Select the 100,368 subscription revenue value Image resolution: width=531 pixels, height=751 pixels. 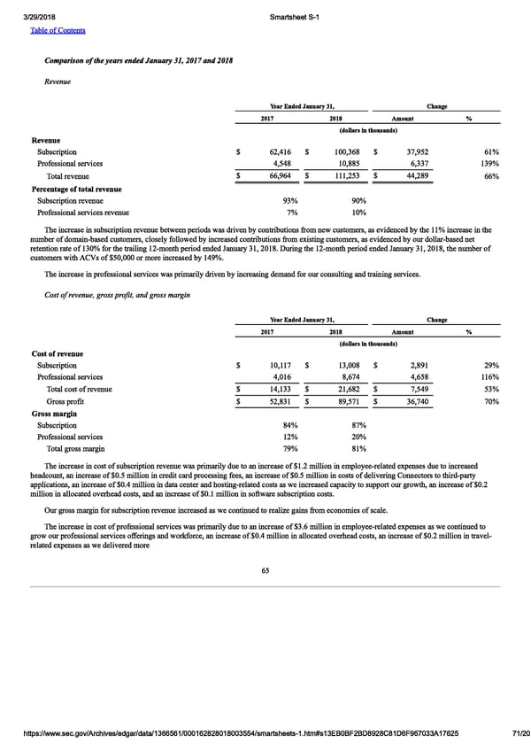tap(347, 152)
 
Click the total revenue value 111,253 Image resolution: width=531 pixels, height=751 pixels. tap(347, 176)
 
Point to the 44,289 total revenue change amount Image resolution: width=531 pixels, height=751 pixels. tap(419, 176)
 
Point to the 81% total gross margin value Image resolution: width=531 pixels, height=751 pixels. tap(359, 449)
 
